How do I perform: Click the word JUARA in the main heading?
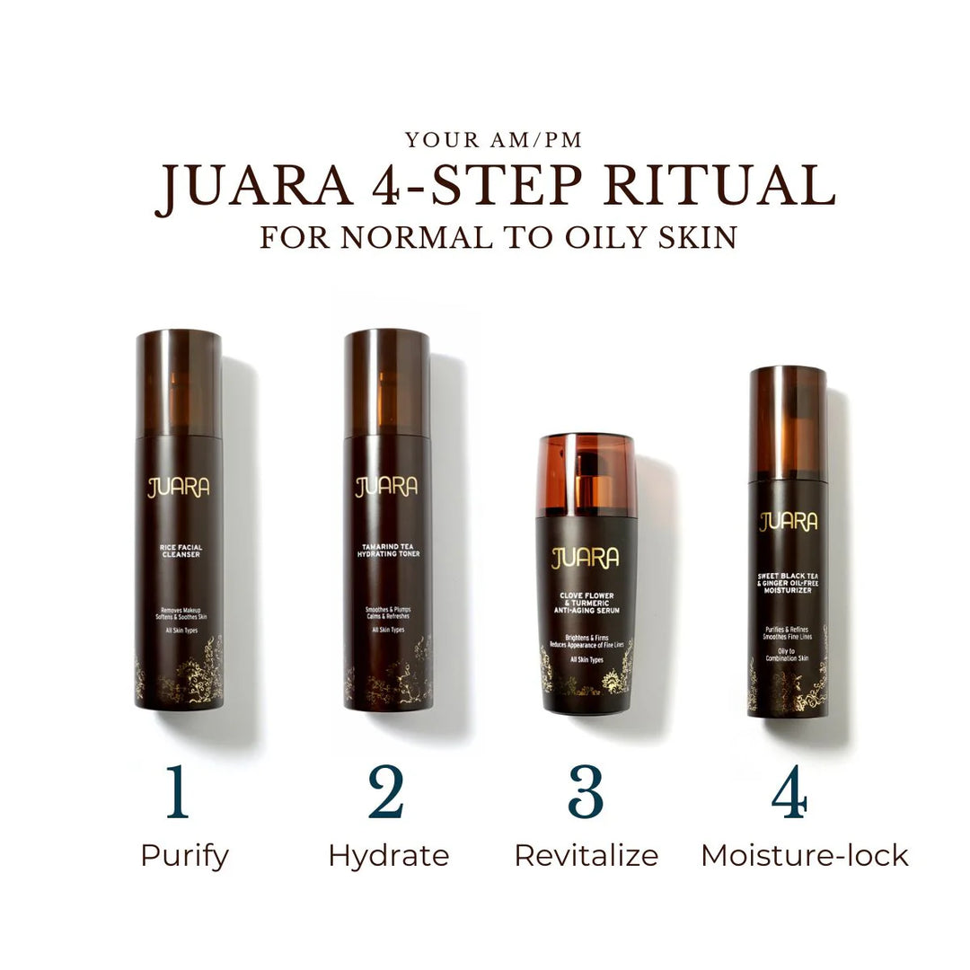click(254, 188)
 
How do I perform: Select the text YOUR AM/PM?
click(493, 140)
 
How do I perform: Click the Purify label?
click(184, 856)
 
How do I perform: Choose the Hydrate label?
click(388, 856)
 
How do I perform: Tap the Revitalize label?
click(586, 856)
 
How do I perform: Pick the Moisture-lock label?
click(805, 856)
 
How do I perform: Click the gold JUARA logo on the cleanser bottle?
click(179, 488)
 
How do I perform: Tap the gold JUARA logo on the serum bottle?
click(585, 558)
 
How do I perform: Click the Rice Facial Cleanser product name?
click(179, 550)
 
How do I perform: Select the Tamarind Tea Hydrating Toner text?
click(387, 550)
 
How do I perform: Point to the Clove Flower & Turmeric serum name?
click(585, 602)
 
